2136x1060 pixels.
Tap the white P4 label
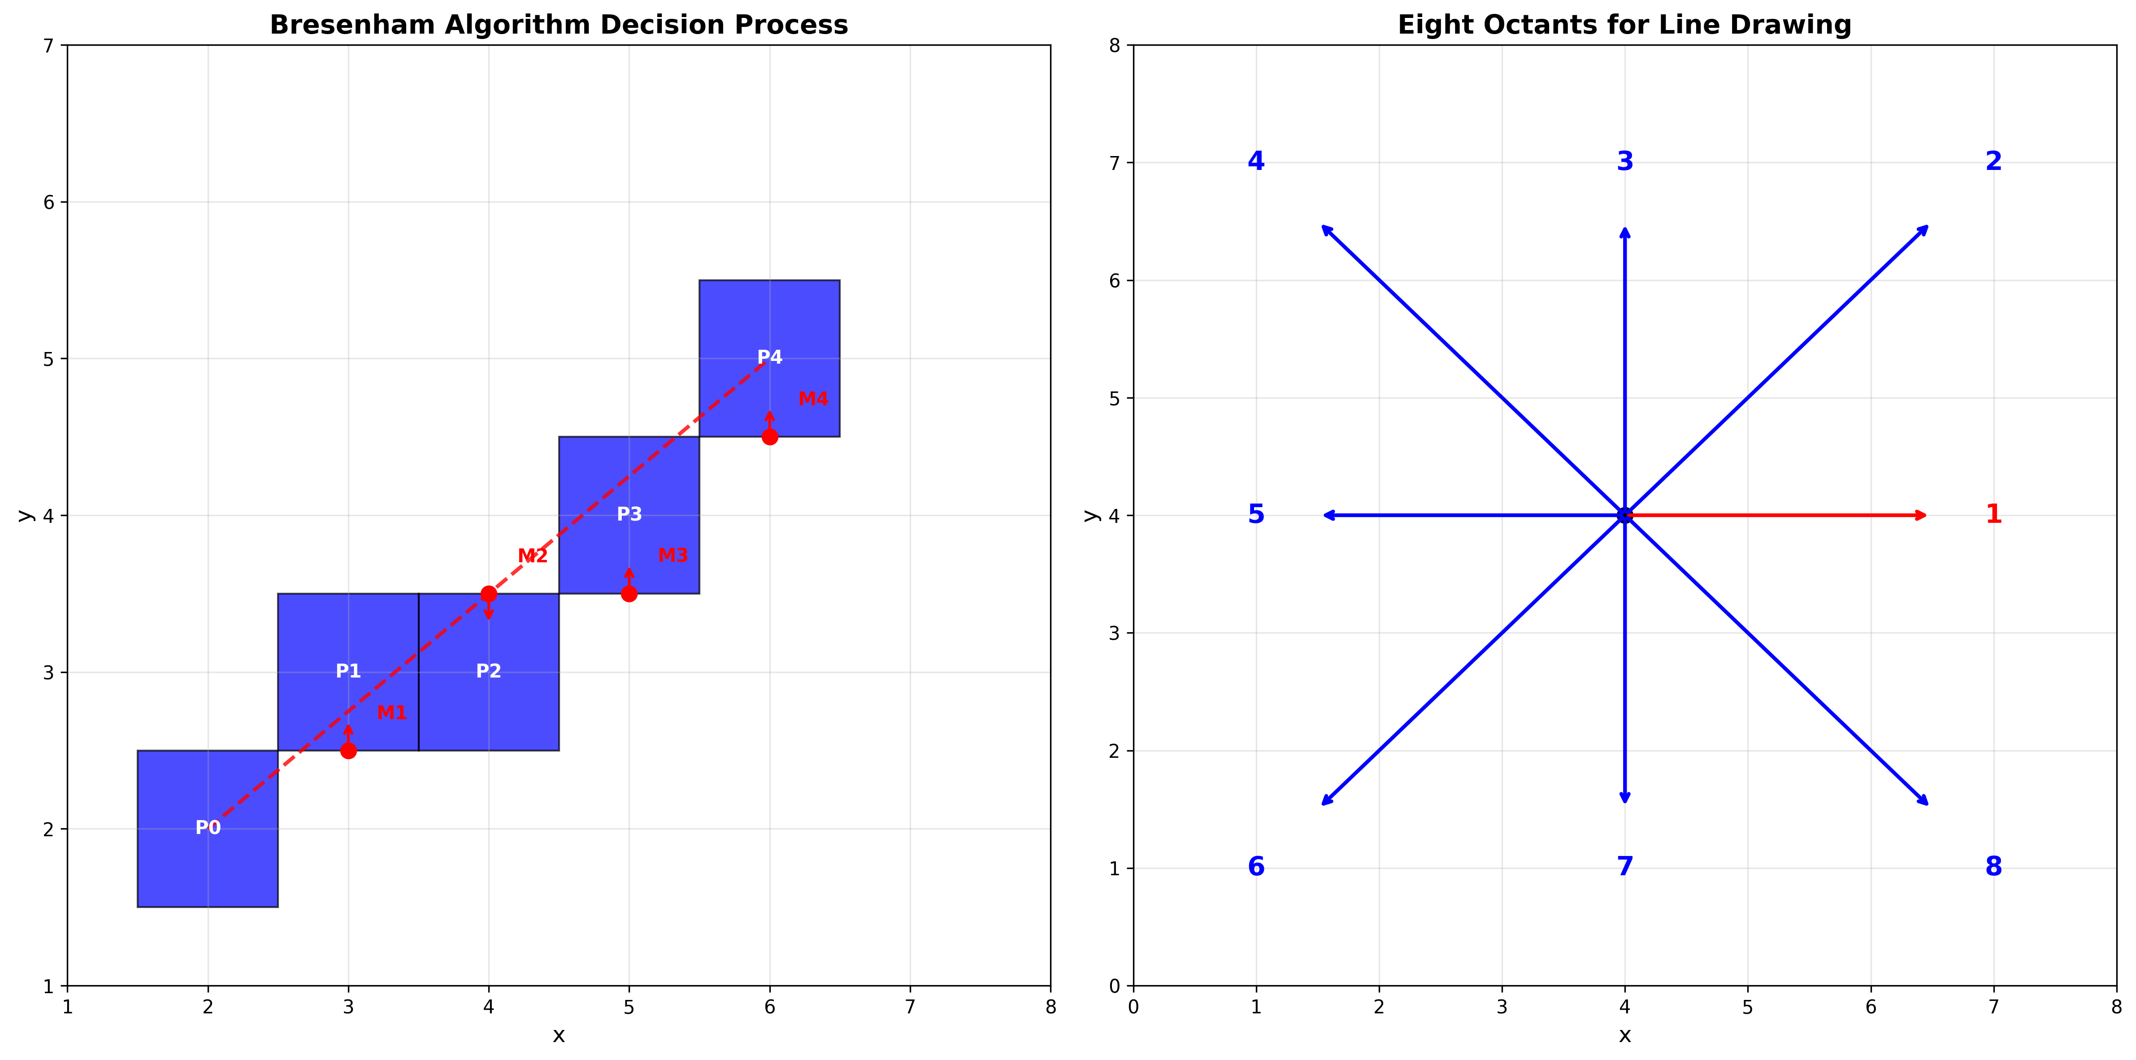(769, 357)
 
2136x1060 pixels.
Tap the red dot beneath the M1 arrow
(348, 751)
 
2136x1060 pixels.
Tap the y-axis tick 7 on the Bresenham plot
(48, 46)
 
